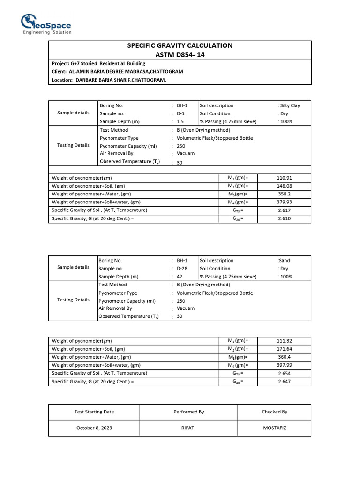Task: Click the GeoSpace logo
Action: tap(46, 24)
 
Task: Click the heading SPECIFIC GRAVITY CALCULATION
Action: tap(180, 45)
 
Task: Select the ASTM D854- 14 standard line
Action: tap(180, 55)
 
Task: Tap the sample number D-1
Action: tap(181, 113)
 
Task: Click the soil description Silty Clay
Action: tap(290, 105)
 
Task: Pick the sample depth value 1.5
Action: tap(180, 121)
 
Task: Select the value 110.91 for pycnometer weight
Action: tap(285, 178)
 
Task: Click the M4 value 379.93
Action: tap(285, 202)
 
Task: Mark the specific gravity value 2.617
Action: tap(285, 210)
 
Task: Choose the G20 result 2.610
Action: tap(285, 218)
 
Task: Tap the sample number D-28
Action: tap(182, 269)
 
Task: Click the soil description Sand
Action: tap(285, 261)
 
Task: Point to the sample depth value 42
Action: tap(180, 277)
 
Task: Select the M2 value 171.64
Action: tap(285, 349)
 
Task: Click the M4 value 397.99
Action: tap(285, 365)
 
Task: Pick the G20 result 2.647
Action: tap(285, 382)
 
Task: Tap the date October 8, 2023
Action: tap(94, 428)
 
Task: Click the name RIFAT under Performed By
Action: tap(188, 428)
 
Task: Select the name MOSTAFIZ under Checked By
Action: tap(274, 428)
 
